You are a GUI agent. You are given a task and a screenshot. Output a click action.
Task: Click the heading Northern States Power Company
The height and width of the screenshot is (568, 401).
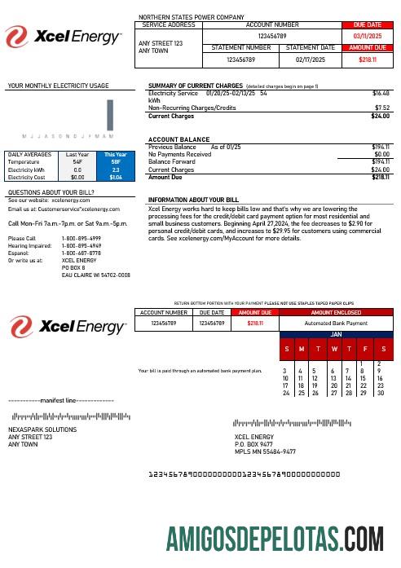click(192, 16)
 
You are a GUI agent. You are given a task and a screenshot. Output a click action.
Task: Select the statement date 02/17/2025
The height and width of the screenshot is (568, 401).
click(311, 59)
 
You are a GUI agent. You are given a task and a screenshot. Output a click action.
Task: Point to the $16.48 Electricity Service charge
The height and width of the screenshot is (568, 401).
click(381, 94)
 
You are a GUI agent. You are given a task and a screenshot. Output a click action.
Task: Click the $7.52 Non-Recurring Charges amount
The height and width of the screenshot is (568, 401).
click(381, 107)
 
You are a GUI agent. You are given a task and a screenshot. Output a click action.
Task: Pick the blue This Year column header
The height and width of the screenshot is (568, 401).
click(115, 153)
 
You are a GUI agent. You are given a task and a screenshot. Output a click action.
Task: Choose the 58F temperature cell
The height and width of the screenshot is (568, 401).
click(115, 161)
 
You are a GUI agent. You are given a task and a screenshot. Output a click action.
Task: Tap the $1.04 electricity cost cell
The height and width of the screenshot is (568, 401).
click(115, 176)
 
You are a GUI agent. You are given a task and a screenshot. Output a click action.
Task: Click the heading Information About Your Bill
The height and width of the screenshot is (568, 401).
click(193, 200)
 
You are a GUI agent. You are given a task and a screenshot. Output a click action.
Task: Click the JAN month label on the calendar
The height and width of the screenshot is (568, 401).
click(335, 334)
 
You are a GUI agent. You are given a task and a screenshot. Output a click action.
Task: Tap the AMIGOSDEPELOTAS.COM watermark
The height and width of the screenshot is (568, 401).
click(275, 539)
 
